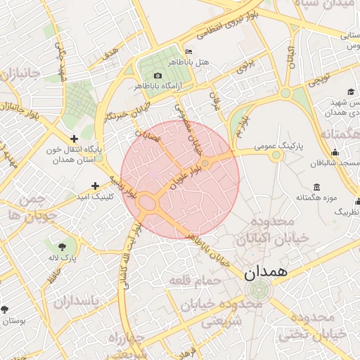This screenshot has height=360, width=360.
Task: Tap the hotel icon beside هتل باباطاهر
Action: click(187, 51)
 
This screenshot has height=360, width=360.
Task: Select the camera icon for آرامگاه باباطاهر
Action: click(157, 75)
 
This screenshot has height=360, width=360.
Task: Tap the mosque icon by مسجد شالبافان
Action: click(335, 153)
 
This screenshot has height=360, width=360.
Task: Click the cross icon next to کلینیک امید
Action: click(96, 186)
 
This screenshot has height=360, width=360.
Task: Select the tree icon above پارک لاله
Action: click(64, 246)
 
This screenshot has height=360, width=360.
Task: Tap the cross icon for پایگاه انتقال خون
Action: click(74, 139)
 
